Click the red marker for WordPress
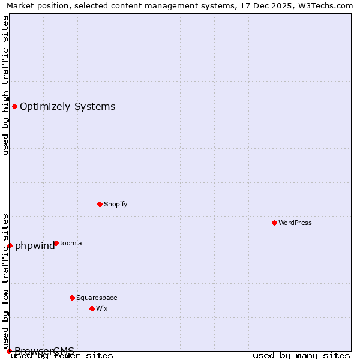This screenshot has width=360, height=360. [x=274, y=223]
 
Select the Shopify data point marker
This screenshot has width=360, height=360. [x=100, y=204]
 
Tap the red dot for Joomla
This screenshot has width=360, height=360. [x=56, y=243]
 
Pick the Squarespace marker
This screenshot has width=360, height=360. [x=72, y=298]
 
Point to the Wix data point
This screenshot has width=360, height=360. [x=92, y=308]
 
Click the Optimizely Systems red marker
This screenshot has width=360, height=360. [x=14, y=106]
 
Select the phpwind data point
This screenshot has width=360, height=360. [x=10, y=245]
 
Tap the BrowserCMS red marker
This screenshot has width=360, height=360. [x=9, y=351]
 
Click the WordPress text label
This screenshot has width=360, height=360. [x=295, y=223]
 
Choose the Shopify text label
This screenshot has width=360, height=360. [x=115, y=204]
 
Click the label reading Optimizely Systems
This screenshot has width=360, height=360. [x=67, y=107]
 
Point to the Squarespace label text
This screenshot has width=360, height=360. [x=97, y=298]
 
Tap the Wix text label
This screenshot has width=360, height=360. [x=101, y=308]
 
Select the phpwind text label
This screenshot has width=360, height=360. [x=35, y=245]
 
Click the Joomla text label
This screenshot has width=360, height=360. [x=71, y=243]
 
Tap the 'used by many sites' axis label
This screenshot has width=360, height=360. [x=301, y=355]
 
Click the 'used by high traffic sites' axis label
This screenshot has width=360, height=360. [x=5, y=86]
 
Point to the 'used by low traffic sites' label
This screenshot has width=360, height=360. [x=5, y=276]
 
